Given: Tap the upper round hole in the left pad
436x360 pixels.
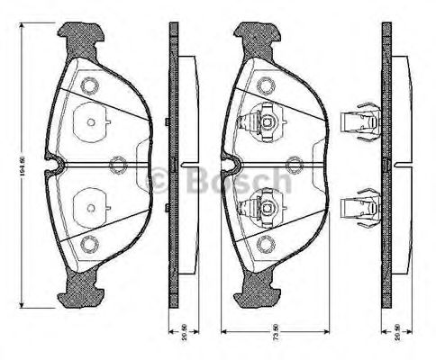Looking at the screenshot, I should (88, 86).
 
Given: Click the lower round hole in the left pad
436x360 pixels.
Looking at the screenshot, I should (88, 243).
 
